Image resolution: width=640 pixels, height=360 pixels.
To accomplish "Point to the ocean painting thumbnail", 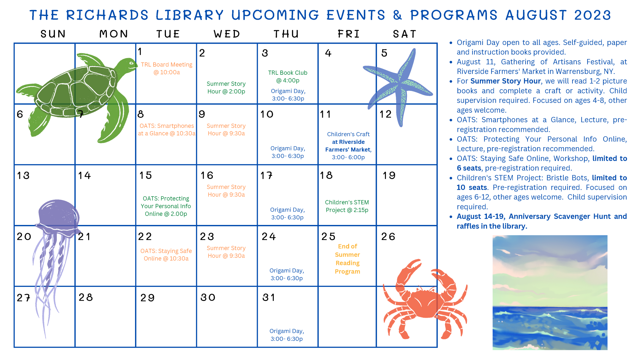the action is click(550, 292).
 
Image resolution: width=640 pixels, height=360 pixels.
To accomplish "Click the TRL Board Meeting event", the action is click(167, 68).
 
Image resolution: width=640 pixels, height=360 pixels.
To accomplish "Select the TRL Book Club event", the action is click(287, 77).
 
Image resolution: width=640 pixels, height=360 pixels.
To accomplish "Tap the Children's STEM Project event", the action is click(347, 206).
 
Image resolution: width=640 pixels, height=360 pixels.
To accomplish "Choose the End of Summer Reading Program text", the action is click(347, 259).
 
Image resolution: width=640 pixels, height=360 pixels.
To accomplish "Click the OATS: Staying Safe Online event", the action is click(166, 255).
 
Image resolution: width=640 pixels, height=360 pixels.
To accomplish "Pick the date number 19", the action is click(389, 176).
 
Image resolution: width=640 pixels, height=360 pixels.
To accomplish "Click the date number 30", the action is click(208, 297).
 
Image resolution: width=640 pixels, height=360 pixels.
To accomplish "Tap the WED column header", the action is click(227, 34).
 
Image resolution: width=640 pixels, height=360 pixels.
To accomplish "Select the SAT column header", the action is click(405, 34).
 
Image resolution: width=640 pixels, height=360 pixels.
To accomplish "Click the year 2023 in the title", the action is click(592, 15).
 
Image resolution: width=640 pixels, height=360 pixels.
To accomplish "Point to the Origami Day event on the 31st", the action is click(287, 335).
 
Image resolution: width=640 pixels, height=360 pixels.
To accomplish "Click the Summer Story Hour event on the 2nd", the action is click(226, 87).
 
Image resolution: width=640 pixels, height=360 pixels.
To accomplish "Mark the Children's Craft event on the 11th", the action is click(348, 146).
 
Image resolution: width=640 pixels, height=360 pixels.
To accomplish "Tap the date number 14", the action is click(84, 176).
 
